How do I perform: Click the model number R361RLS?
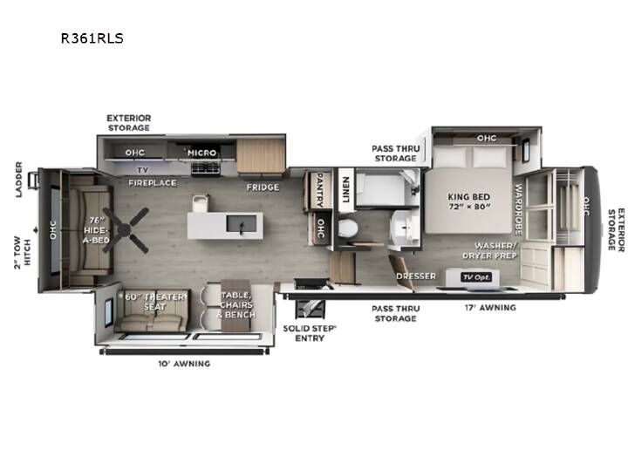click(x=92, y=38)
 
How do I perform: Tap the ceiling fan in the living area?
click(x=126, y=230)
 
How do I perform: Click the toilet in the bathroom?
click(x=347, y=229)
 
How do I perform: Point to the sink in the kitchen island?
click(x=241, y=223)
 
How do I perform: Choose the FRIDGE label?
click(x=263, y=187)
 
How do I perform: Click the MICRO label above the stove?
click(x=201, y=153)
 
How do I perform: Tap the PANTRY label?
click(x=320, y=190)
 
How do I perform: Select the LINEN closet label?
click(x=345, y=189)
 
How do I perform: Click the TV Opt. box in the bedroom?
click(x=476, y=277)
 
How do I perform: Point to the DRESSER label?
click(x=416, y=276)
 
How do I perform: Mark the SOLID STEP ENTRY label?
click(x=310, y=333)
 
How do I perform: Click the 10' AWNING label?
click(x=184, y=364)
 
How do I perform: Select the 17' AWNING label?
click(x=490, y=308)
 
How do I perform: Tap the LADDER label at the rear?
click(x=19, y=180)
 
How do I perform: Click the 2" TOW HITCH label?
click(x=22, y=252)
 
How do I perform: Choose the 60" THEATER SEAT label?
click(x=155, y=302)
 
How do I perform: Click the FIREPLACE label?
click(x=152, y=183)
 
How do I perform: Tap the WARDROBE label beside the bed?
click(x=518, y=209)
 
